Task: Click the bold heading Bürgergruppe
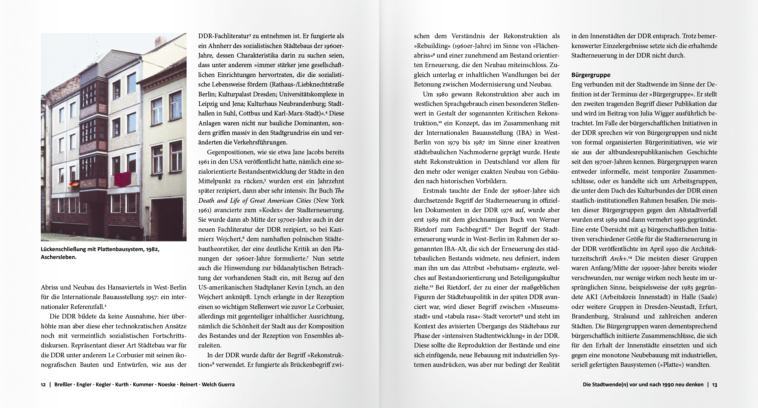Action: coord(591,75)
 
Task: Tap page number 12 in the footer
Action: coord(43,384)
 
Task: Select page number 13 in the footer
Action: coord(715,384)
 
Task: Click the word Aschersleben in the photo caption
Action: coord(59,257)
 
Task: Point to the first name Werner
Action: coord(549,220)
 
